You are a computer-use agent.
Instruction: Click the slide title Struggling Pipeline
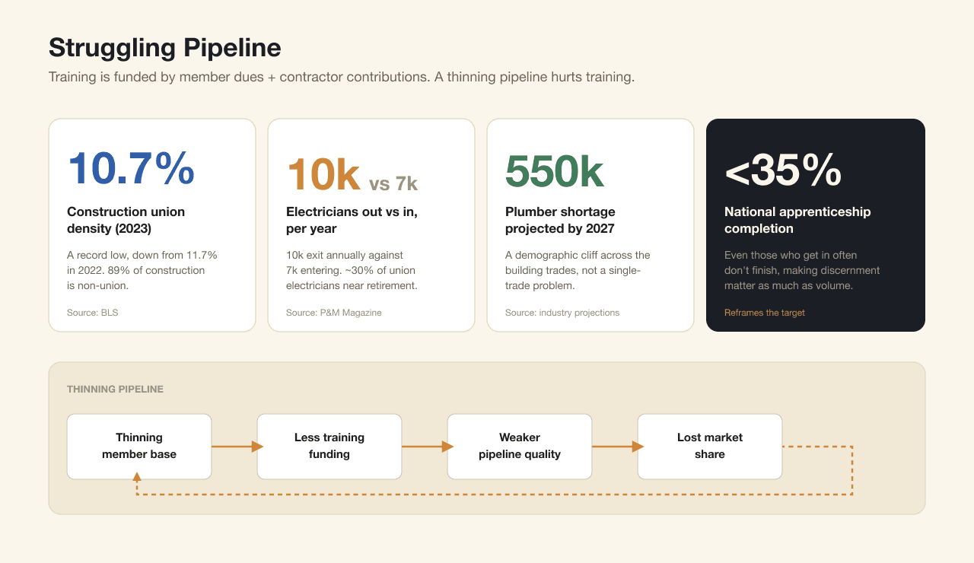coord(165,48)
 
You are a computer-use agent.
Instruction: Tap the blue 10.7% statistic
coord(131,168)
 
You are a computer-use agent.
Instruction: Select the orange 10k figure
coord(323,174)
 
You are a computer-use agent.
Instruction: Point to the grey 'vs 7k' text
coord(393,183)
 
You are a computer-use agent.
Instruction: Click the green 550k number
coord(555,171)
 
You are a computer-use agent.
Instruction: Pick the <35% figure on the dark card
coord(783,170)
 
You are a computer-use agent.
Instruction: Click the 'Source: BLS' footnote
coord(93,313)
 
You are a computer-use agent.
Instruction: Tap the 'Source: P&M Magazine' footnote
coord(333,313)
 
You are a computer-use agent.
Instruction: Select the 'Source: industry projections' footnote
coord(562,313)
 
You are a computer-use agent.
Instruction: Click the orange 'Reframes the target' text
coord(765,313)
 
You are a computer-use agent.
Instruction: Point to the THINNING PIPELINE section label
coord(115,389)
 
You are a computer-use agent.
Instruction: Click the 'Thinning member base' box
coord(139,447)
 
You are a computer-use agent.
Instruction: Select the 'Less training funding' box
coord(329,447)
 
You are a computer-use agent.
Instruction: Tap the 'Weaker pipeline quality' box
coord(520,447)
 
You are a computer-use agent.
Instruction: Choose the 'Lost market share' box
coord(710,447)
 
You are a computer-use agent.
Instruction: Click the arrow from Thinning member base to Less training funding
coord(237,447)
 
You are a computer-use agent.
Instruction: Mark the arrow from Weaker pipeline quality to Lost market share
coord(618,447)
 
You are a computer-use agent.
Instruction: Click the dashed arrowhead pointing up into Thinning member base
coord(137,477)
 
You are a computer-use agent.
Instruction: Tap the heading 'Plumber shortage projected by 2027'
coord(560,220)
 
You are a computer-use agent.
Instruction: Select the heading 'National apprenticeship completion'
coord(797,220)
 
